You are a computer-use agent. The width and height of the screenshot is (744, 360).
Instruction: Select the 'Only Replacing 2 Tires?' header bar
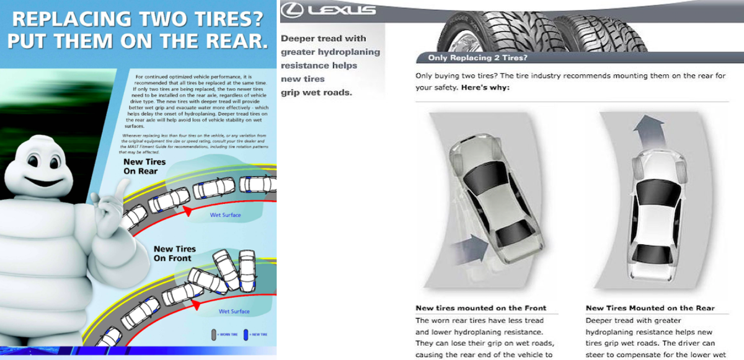tap(478, 58)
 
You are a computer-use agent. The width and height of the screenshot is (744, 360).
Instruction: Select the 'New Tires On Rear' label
tap(144, 167)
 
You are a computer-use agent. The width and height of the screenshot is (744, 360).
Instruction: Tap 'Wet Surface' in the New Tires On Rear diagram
tap(225, 216)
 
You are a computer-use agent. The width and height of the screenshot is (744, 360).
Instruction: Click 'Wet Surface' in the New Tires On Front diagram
tap(234, 312)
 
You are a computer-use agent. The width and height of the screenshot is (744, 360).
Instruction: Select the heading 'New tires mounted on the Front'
tap(480, 308)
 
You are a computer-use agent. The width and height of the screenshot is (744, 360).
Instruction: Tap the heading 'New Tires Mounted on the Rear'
tap(650, 308)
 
